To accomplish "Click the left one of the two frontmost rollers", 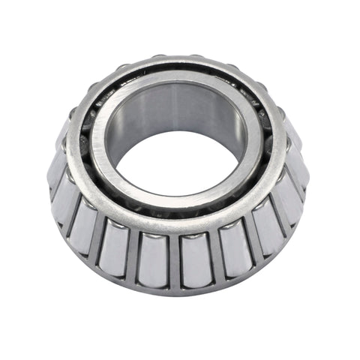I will click(157, 259).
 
